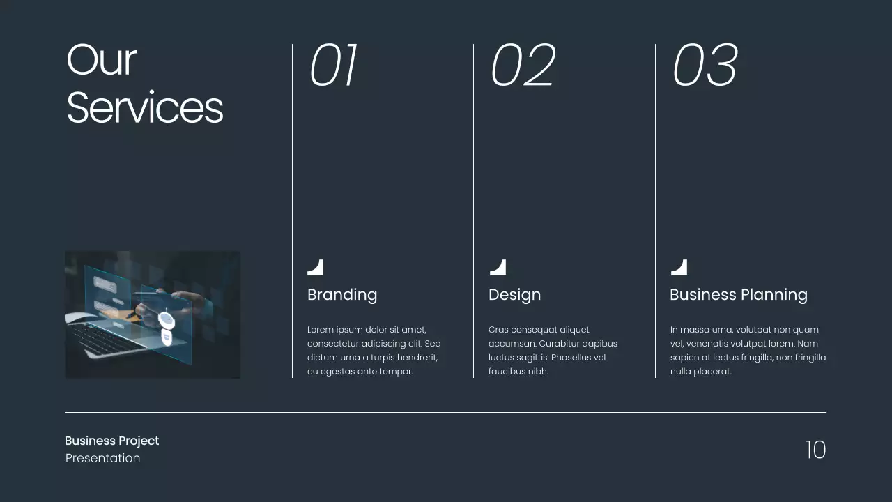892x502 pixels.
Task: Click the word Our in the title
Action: [x=101, y=60]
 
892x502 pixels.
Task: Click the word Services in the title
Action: [x=145, y=109]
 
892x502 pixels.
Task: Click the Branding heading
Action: [x=342, y=295]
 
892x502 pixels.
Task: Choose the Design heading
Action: [x=514, y=295]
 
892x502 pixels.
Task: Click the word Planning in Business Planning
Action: [x=774, y=296]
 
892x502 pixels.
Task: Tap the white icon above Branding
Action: [x=316, y=268]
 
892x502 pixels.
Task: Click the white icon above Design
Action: [x=498, y=268]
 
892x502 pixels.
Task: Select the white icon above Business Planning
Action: [x=679, y=268]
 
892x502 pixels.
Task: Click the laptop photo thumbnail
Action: [x=153, y=315]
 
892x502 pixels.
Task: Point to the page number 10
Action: [x=815, y=450]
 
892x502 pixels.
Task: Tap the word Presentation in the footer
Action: [x=102, y=458]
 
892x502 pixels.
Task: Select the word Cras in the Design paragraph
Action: [x=498, y=330]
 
